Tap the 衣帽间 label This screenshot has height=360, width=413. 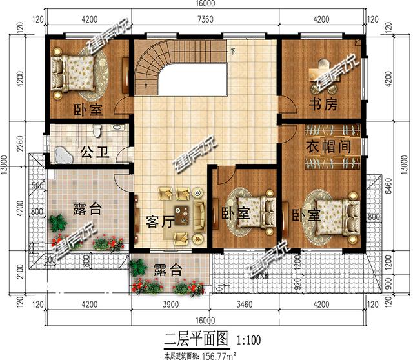(x=328, y=146)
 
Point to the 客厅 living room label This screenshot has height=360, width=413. (x=159, y=222)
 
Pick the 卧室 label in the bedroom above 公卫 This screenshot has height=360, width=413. (x=87, y=110)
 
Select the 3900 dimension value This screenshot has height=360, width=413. (x=172, y=304)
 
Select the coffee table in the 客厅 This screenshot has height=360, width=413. (x=182, y=217)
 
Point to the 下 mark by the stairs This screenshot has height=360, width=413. (x=233, y=51)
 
